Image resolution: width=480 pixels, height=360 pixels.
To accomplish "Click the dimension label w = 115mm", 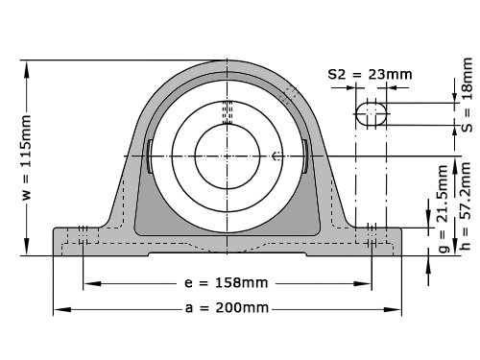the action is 27,156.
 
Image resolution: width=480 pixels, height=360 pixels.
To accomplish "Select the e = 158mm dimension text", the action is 226,283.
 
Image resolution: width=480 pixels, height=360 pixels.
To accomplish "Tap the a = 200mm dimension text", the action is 227,308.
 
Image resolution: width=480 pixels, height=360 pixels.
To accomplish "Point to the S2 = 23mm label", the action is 370,75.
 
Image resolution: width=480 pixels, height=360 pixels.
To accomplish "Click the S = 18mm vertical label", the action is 468,95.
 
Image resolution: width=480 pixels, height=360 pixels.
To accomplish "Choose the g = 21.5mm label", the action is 444,208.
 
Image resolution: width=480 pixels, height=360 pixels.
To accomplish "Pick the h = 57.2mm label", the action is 466,206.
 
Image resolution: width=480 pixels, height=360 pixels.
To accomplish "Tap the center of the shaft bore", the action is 228,156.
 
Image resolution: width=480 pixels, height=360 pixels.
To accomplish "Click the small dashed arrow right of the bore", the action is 277,156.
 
